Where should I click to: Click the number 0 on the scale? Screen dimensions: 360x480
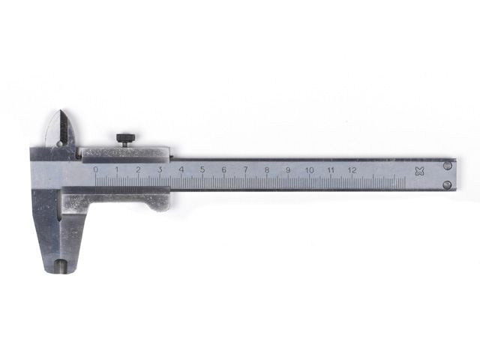(x=95, y=169)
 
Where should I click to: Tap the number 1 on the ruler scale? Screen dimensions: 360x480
(x=117, y=169)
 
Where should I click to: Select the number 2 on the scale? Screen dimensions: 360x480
(x=138, y=169)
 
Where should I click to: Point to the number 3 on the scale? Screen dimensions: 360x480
(x=160, y=169)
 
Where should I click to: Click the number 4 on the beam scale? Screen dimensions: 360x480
(x=181, y=169)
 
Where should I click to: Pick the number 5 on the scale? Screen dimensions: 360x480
(x=202, y=169)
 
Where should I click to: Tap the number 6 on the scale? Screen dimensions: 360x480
(x=223, y=169)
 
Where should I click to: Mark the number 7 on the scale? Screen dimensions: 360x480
(x=245, y=169)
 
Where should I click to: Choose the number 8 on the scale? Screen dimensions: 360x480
(x=266, y=169)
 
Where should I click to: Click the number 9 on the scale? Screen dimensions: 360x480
(x=288, y=169)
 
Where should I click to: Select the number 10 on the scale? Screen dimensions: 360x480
(x=309, y=169)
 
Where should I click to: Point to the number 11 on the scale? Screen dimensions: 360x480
(x=331, y=169)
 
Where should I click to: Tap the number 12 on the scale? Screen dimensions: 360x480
(x=352, y=169)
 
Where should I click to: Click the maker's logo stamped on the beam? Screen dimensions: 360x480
(x=419, y=171)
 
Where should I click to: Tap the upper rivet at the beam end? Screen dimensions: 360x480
(x=447, y=164)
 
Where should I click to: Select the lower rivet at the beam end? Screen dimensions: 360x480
(x=447, y=184)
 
